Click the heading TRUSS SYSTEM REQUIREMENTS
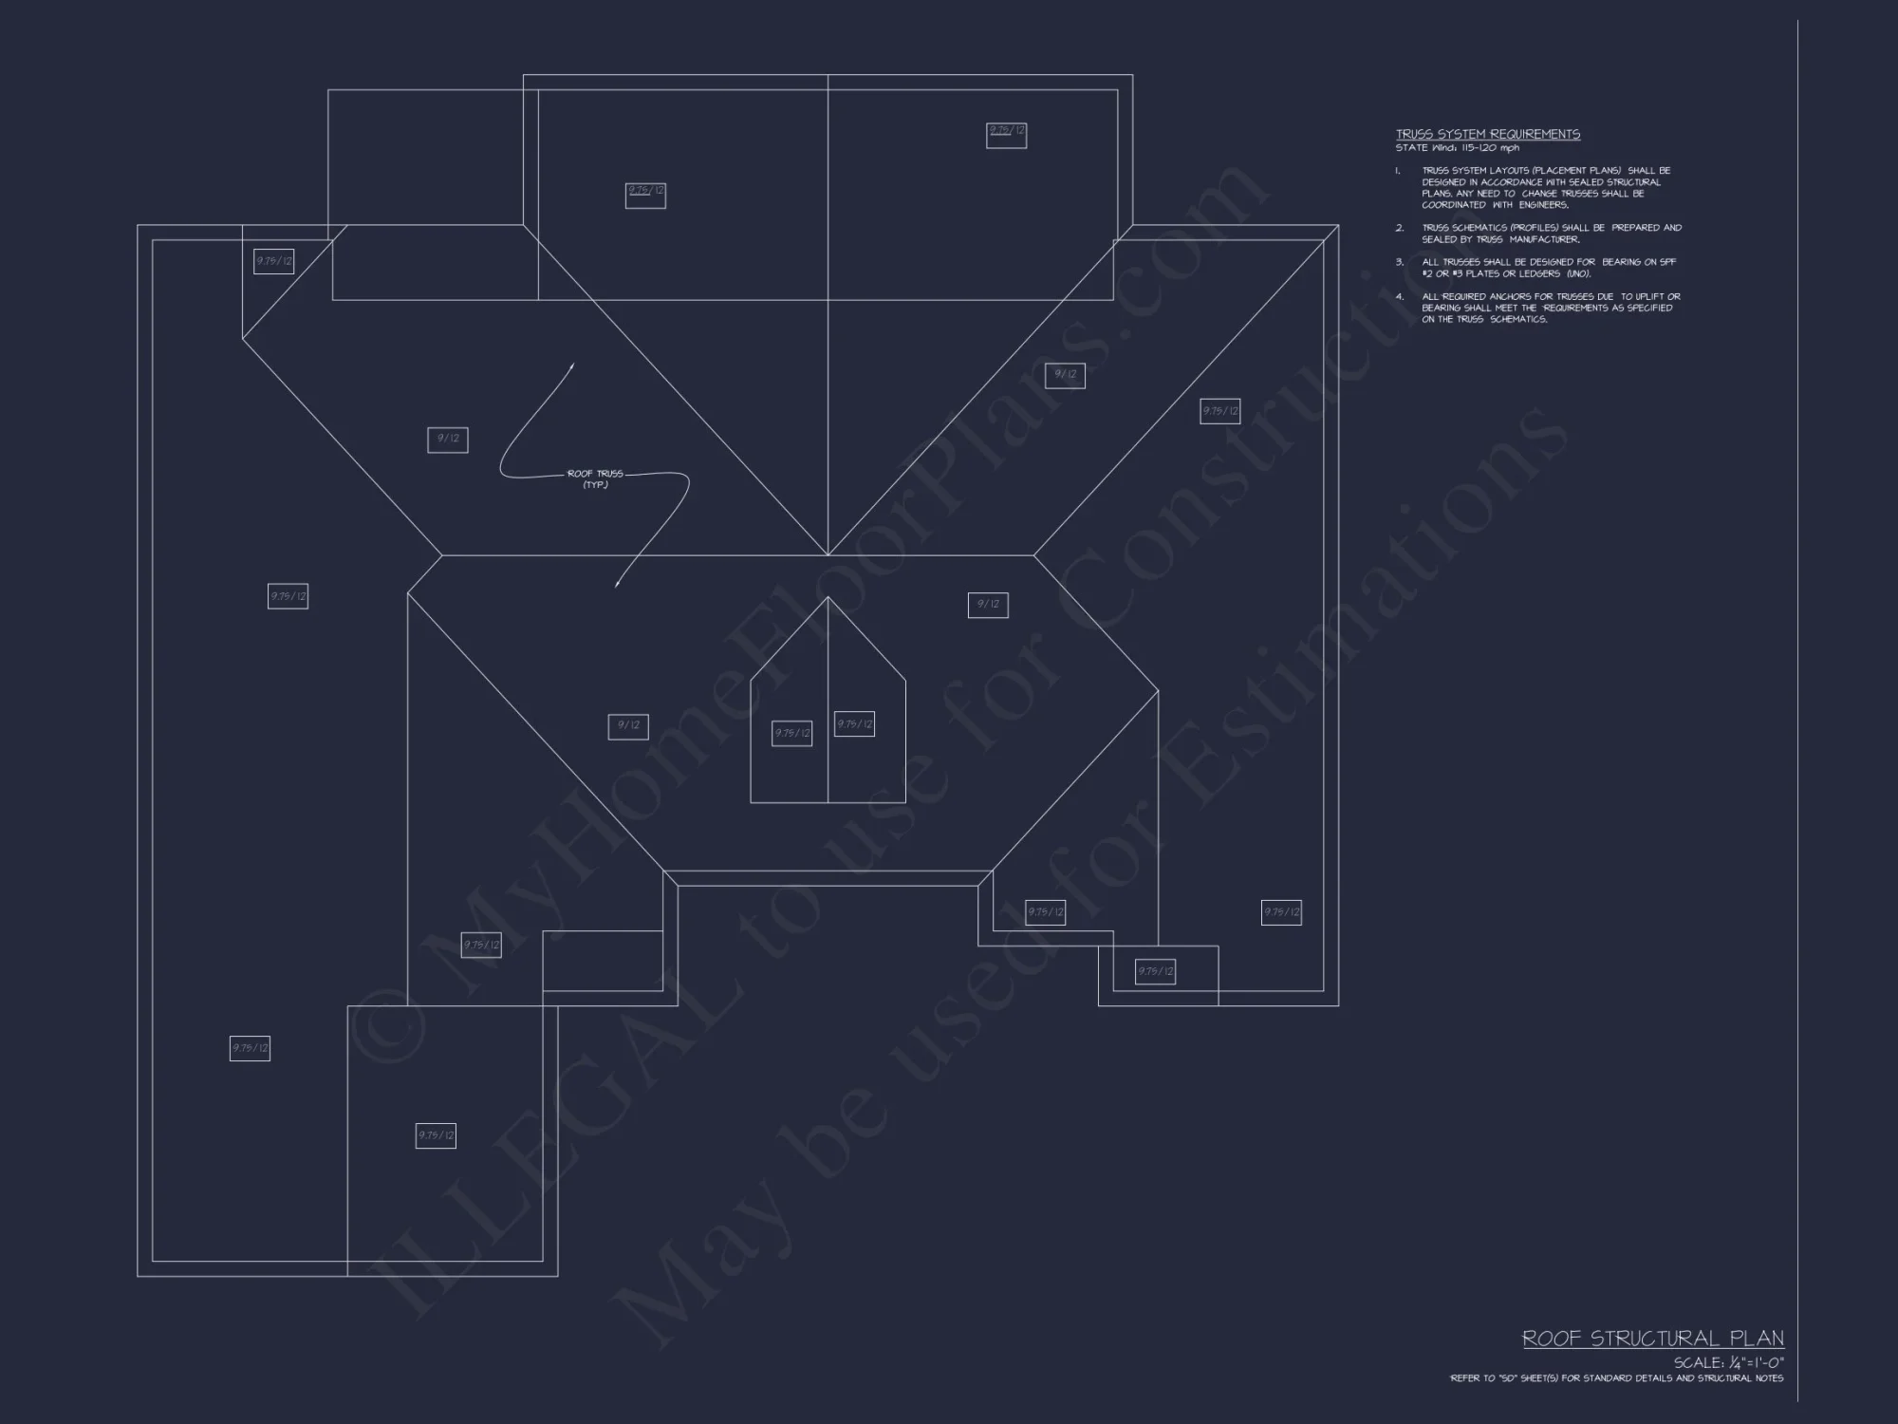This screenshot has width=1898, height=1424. point(1487,135)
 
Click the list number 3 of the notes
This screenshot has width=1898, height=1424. point(1399,262)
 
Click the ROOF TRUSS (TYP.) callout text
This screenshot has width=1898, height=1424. point(595,478)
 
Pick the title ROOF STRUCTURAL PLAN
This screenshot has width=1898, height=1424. point(1652,1339)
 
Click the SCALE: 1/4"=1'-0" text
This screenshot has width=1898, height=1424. point(1727,1363)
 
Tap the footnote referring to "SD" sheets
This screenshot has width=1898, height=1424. point(1616,1378)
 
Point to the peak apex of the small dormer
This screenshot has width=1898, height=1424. point(828,597)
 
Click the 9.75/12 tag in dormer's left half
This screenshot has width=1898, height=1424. point(791,733)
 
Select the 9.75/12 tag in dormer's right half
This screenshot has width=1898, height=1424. point(854,724)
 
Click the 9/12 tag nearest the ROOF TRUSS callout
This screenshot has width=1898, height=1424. point(447,440)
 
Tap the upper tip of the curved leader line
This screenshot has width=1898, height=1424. point(573,364)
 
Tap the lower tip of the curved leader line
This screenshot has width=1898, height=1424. point(617,586)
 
